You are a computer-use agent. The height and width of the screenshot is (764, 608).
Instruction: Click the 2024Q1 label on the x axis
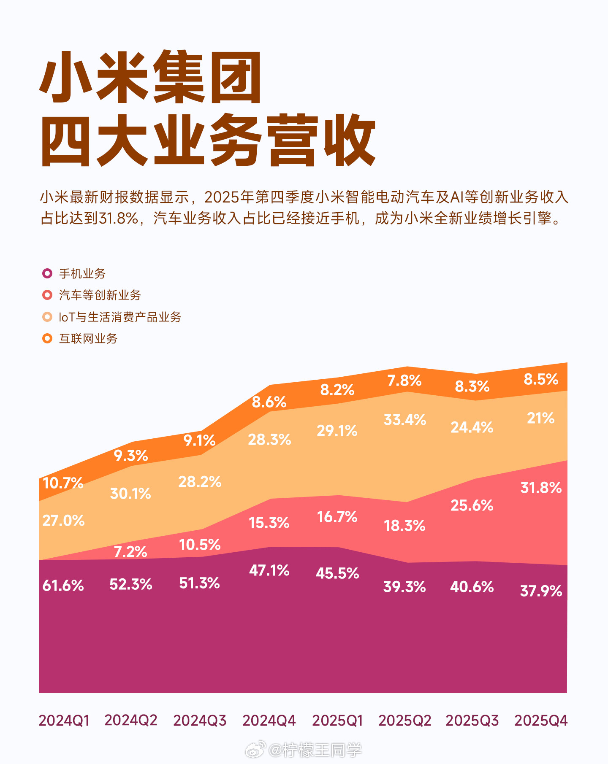pyautogui.click(x=64, y=721)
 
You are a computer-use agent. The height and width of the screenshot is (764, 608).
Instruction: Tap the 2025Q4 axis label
pyautogui.click(x=541, y=721)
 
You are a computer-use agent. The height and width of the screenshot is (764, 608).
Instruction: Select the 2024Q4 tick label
pyautogui.click(x=269, y=721)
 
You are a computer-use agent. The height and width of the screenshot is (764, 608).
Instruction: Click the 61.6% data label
pyautogui.click(x=63, y=586)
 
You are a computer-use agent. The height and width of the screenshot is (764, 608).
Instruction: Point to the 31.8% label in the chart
pyautogui.click(x=541, y=488)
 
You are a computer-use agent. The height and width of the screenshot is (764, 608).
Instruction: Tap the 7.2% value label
pyautogui.click(x=130, y=552)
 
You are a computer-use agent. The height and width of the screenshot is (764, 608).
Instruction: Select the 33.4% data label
pyautogui.click(x=405, y=420)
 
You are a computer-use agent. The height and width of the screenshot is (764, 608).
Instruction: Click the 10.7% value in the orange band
pyautogui.click(x=63, y=483)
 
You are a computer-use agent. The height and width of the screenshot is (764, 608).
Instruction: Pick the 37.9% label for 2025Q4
pyautogui.click(x=541, y=591)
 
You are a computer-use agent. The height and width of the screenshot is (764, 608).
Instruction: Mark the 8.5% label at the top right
pyautogui.click(x=541, y=379)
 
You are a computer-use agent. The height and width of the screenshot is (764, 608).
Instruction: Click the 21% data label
pyautogui.click(x=541, y=418)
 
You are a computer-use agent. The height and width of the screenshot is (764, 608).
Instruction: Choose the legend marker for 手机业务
pyautogui.click(x=47, y=273)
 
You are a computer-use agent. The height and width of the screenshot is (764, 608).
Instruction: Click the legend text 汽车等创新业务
pyautogui.click(x=100, y=295)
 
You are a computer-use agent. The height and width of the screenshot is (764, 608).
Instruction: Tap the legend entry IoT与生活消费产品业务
pyautogui.click(x=120, y=317)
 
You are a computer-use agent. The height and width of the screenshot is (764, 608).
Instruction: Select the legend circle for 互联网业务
pyautogui.click(x=47, y=338)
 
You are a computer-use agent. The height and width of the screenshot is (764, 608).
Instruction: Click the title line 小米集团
pyautogui.click(x=151, y=78)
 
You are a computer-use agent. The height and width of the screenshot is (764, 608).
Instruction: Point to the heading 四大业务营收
pyautogui.click(x=208, y=140)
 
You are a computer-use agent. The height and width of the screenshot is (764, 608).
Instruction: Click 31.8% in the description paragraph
pyautogui.click(x=118, y=218)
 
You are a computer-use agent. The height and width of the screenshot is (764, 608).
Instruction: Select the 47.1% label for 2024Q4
pyautogui.click(x=269, y=570)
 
